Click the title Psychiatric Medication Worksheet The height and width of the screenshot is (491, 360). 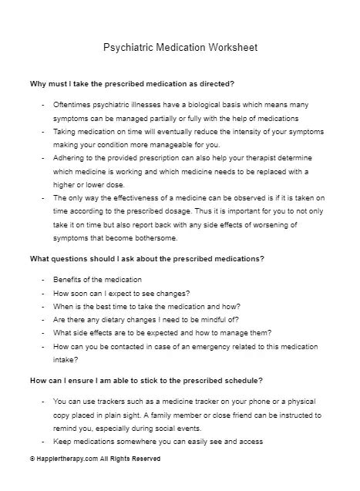180,48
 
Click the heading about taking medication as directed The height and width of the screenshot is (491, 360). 131,82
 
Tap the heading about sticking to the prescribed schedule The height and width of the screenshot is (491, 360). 146,381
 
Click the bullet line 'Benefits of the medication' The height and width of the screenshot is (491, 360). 98,278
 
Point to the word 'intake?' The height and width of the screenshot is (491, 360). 66,359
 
